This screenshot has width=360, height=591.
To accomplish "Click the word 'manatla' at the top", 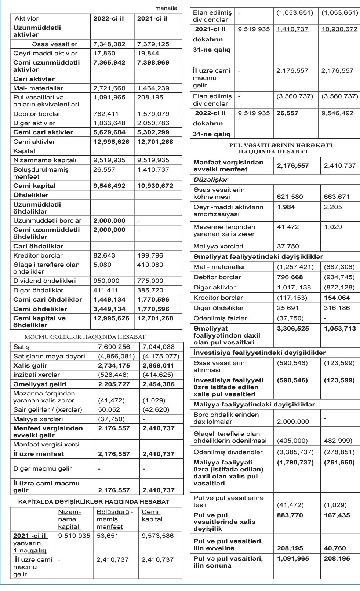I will point(166,8).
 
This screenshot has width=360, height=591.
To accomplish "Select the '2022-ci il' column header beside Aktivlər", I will point(109,18).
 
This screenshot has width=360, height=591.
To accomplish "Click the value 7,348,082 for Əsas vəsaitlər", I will point(109,44).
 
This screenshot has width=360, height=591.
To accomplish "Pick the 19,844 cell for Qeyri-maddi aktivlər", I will point(148,53).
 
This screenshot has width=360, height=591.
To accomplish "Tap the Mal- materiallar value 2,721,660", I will point(109,88).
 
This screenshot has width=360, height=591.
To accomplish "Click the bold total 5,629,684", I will point(109,132).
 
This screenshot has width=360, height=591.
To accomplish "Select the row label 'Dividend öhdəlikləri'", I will point(44,281).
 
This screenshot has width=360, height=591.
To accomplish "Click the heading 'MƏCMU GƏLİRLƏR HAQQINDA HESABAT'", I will point(85,336).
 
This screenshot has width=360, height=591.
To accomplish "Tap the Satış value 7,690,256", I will point(114,347).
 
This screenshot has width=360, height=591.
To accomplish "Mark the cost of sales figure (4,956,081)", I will point(116,356).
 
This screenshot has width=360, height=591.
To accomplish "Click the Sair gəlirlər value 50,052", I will point(109,409).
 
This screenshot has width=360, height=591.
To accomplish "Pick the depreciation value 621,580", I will point(290,197).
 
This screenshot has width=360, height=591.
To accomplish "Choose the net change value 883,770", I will point(290,515).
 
